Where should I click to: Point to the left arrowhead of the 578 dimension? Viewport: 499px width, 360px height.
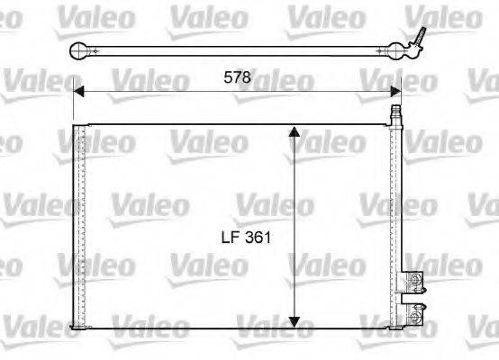point(79,90)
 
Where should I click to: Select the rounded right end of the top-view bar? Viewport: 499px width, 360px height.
point(398,50)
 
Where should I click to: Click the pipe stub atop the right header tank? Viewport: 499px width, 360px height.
point(395,114)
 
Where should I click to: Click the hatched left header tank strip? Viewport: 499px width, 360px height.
point(78,225)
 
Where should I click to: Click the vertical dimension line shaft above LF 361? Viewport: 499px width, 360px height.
point(295,180)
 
